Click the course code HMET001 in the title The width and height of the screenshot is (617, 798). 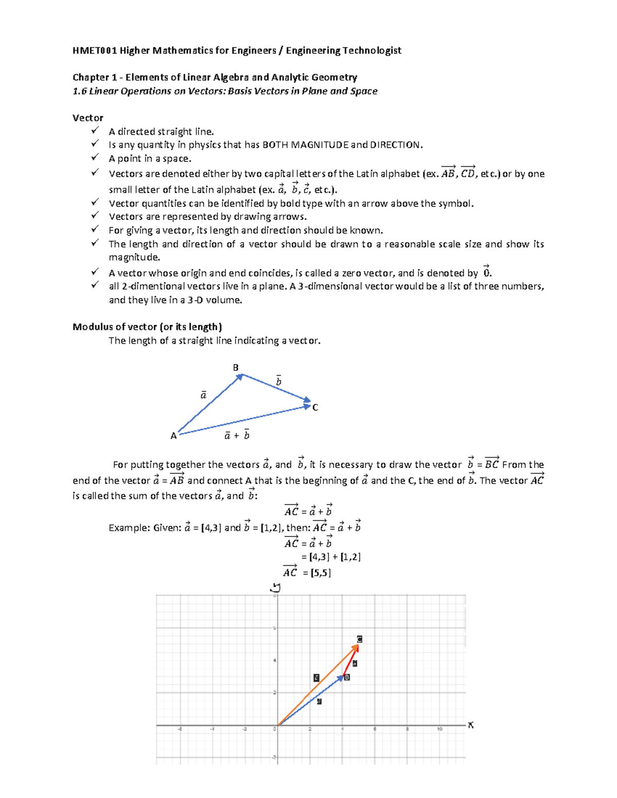tap(95, 50)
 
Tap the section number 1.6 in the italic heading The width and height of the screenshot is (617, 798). tap(79, 91)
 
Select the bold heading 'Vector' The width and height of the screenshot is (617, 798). tap(87, 118)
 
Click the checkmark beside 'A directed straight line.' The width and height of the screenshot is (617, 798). tap(95, 131)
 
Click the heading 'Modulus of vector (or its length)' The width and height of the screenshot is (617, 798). tap(147, 327)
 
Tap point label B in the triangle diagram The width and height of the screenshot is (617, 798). tap(236, 367)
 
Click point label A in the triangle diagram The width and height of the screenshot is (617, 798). tap(173, 436)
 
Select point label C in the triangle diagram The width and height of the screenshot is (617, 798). tap(315, 407)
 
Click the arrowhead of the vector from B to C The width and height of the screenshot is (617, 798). tap(307, 400)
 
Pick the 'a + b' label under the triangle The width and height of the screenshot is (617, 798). tap(237, 435)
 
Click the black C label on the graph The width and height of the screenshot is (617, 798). tap(359, 639)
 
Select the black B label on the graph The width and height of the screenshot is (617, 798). tap(347, 677)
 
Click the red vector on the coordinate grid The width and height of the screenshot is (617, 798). tap(350, 662)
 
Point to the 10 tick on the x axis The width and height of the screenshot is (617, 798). tap(440, 729)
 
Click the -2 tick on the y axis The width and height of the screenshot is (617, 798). tap(275, 757)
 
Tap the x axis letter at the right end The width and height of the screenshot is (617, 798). tap(470, 725)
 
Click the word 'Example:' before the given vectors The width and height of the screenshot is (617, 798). tap(129, 528)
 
